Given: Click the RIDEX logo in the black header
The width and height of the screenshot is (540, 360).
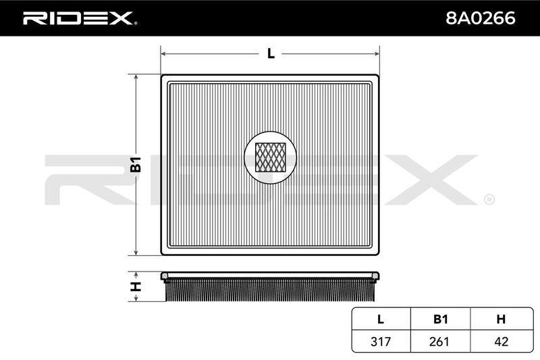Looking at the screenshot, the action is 79,18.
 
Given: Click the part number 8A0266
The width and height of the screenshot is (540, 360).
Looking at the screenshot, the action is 481,18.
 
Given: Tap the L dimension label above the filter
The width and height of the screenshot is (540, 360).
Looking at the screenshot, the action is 271,54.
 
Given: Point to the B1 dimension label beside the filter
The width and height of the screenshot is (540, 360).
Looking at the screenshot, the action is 136,164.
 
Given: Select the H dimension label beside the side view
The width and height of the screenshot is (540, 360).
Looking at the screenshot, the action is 136,286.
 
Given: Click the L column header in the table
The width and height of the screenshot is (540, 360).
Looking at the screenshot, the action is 381,319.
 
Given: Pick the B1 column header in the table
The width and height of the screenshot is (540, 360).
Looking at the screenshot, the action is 441,319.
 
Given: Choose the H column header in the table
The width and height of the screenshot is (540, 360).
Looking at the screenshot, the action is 501,319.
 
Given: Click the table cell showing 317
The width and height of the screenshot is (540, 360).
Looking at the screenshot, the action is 381,341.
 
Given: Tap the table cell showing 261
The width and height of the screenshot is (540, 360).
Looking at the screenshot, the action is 439,341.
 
